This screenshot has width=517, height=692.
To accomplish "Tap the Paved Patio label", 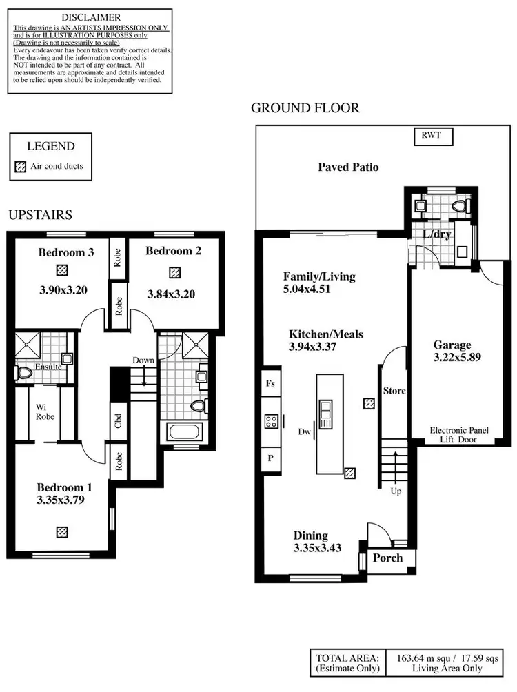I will (x=348, y=167).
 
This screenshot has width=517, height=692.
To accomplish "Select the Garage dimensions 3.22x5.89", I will (x=452, y=358).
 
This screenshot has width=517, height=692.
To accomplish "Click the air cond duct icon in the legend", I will (x=19, y=166).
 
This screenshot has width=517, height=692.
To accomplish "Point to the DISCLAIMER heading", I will (x=90, y=17).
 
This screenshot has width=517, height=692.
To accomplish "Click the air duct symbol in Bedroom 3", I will (x=63, y=270).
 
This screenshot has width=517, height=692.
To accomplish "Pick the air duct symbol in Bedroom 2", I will (x=174, y=272).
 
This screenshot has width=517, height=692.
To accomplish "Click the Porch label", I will (x=387, y=558).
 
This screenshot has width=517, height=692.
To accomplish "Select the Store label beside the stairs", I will (x=394, y=391).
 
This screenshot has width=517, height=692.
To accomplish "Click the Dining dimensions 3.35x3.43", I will (x=318, y=548).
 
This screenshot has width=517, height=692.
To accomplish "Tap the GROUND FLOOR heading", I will (x=305, y=108).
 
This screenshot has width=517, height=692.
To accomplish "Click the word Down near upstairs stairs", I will (x=143, y=360).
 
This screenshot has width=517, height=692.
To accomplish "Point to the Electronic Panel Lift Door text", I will (x=458, y=434).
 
